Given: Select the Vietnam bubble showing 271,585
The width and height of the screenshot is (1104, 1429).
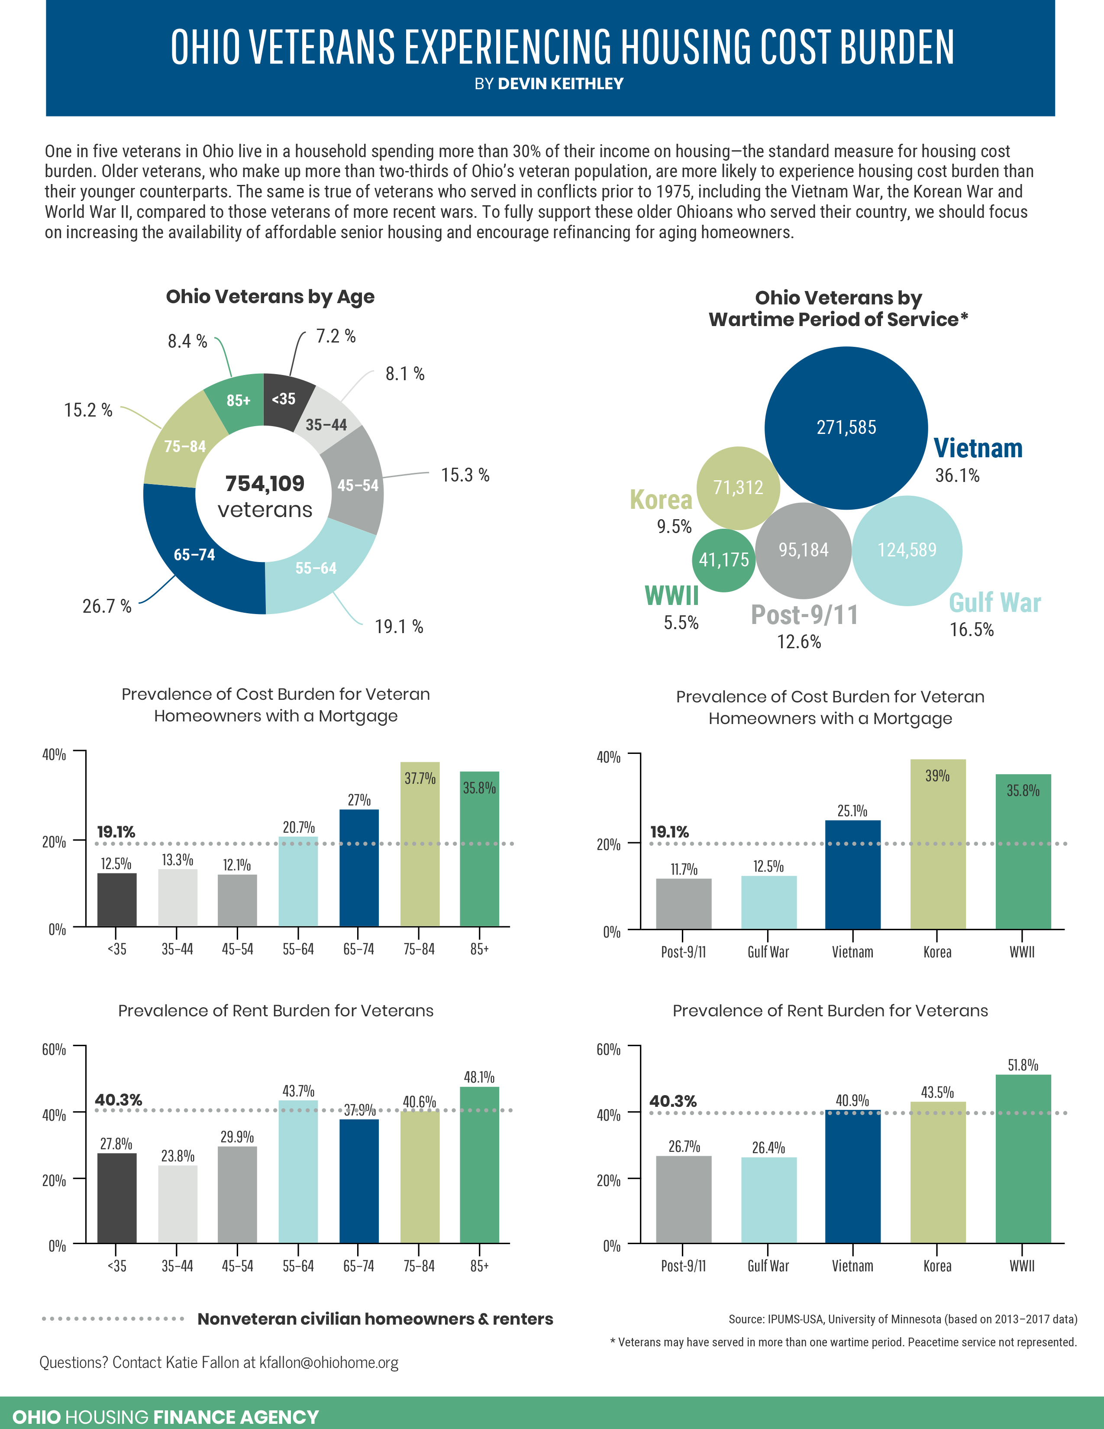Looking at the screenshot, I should click(x=846, y=427).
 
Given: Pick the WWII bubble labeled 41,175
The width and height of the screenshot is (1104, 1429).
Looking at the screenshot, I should click(x=723, y=559).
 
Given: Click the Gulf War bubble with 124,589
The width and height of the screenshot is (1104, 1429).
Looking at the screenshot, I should click(x=907, y=550).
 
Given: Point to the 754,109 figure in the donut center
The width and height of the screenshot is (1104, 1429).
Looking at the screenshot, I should click(x=265, y=484).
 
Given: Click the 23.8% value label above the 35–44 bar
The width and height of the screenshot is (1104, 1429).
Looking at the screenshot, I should click(x=177, y=1156).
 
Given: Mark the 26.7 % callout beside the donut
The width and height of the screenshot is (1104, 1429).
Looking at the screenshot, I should click(x=107, y=607).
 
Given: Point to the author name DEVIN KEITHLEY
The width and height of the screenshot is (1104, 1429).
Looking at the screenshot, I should click(x=561, y=84).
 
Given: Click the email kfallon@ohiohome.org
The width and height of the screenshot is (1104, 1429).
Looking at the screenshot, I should click(x=329, y=1362).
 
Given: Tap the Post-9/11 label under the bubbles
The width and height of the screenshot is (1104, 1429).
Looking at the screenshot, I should click(x=804, y=615).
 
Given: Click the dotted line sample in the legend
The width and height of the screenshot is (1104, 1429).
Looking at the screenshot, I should click(x=113, y=1319).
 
